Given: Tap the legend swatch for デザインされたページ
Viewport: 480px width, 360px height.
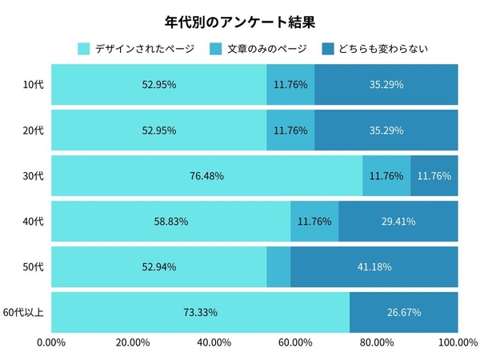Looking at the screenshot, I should tap(83, 49).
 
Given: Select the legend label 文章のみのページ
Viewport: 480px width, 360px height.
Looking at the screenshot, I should tap(266, 49).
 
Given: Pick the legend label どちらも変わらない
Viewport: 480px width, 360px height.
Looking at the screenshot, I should tap(383, 49).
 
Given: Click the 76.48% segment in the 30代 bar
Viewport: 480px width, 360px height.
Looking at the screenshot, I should tap(206, 175).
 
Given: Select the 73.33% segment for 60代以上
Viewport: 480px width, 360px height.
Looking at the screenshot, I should tap(200, 312).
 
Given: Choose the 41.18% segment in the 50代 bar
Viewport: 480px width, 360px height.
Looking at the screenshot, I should tap(374, 266).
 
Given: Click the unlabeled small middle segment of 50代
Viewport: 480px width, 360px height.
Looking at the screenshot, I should tap(278, 266).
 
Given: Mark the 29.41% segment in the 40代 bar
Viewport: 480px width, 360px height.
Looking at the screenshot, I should tap(398, 221).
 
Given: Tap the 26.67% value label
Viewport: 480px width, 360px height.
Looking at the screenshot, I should tap(404, 312).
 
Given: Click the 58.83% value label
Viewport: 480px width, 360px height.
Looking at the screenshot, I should tap(170, 221).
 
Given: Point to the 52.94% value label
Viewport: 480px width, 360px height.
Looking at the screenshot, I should tap(158, 266).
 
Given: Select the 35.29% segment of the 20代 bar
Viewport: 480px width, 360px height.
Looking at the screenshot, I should tap(386, 130).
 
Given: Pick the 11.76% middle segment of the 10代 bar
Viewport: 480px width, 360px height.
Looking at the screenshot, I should tap(290, 84).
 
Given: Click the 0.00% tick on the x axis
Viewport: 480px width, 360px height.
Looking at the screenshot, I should tap(51, 343).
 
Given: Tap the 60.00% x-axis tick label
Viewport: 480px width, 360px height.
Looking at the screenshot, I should tap(294, 343).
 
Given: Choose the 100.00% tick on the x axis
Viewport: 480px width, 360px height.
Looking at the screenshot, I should tap(458, 343).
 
